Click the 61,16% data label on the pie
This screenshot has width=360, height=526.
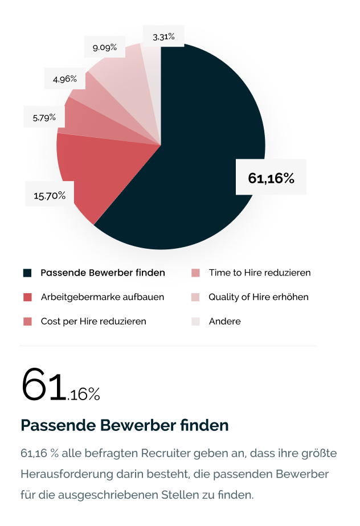pyautogui.click(x=271, y=178)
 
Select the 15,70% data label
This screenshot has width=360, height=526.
pyautogui.click(x=50, y=196)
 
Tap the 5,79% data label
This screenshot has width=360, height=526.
pyautogui.click(x=44, y=117)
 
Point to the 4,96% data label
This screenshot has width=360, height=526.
pyautogui.click(x=65, y=79)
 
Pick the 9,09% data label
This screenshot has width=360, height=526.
pyautogui.click(x=105, y=47)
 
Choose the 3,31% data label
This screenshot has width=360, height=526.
pyautogui.click(x=163, y=38)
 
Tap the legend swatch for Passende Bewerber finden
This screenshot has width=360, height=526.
pyautogui.click(x=27, y=273)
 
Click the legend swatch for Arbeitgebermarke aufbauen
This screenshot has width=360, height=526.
pyautogui.click(x=27, y=297)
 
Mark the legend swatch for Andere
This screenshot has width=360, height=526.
pyautogui.click(x=195, y=322)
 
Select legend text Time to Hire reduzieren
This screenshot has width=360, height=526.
pyautogui.click(x=260, y=273)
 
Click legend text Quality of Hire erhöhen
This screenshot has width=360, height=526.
pyautogui.click(x=259, y=297)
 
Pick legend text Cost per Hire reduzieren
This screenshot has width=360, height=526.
pyautogui.click(x=93, y=322)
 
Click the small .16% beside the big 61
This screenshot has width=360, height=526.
pyautogui.click(x=84, y=394)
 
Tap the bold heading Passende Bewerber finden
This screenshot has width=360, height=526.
pyautogui.click(x=125, y=425)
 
